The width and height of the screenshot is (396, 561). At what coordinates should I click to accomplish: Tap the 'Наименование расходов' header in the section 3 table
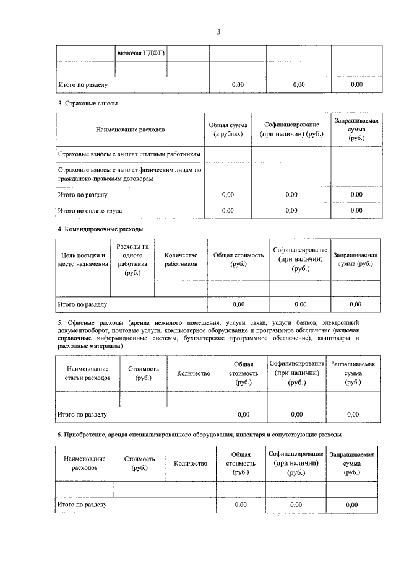[x=130, y=130]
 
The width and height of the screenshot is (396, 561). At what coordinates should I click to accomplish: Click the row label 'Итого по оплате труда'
[x=90, y=210]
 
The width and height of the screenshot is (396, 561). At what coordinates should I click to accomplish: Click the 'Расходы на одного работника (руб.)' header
[x=132, y=259]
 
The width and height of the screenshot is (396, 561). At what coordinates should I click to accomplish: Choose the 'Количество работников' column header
[x=180, y=259]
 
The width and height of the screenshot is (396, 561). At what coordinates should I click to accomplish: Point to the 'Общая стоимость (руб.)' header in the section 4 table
[x=238, y=259]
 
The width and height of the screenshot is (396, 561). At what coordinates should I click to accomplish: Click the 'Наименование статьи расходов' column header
[x=88, y=373]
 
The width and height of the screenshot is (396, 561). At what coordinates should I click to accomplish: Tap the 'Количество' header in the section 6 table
[x=190, y=463]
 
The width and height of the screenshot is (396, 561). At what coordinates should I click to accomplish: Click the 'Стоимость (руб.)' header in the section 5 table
[x=143, y=373]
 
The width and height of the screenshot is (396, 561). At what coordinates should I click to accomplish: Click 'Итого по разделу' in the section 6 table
[x=82, y=505]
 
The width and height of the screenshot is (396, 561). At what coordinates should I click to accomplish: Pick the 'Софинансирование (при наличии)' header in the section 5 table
[x=296, y=373]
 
